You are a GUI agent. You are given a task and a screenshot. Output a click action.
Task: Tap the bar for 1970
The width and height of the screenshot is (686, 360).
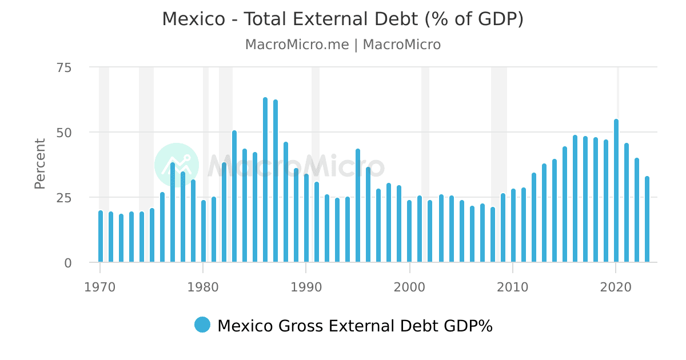[x=101, y=237]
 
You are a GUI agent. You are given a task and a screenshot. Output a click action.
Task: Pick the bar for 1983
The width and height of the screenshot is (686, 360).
[x=234, y=197]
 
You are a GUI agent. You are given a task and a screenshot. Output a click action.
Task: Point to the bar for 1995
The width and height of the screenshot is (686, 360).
[x=358, y=206]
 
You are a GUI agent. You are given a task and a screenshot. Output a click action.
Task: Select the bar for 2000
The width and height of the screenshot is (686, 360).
[x=409, y=231]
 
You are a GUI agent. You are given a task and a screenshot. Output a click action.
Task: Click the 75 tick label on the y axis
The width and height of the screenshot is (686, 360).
[x=64, y=67]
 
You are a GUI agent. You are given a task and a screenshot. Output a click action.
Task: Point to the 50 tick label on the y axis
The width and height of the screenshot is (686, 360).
[x=64, y=133]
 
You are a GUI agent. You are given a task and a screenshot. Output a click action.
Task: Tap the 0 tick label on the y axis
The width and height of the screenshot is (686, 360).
[x=67, y=263]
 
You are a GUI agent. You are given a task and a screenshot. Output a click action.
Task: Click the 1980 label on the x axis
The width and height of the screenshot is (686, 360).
[x=203, y=286]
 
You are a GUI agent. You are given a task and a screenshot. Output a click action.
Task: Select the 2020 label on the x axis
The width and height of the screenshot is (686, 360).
[x=616, y=286]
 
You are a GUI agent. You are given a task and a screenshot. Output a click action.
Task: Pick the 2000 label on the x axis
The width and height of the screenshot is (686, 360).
[x=409, y=286]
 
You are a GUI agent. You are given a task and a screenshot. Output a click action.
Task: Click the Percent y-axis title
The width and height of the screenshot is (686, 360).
[x=40, y=163]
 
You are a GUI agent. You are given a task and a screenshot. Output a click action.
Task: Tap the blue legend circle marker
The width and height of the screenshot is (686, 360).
[x=202, y=325]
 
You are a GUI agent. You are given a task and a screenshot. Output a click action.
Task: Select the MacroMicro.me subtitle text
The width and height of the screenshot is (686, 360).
[x=297, y=45]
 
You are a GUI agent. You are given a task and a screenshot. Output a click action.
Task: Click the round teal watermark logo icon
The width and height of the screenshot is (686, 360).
[x=177, y=165]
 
